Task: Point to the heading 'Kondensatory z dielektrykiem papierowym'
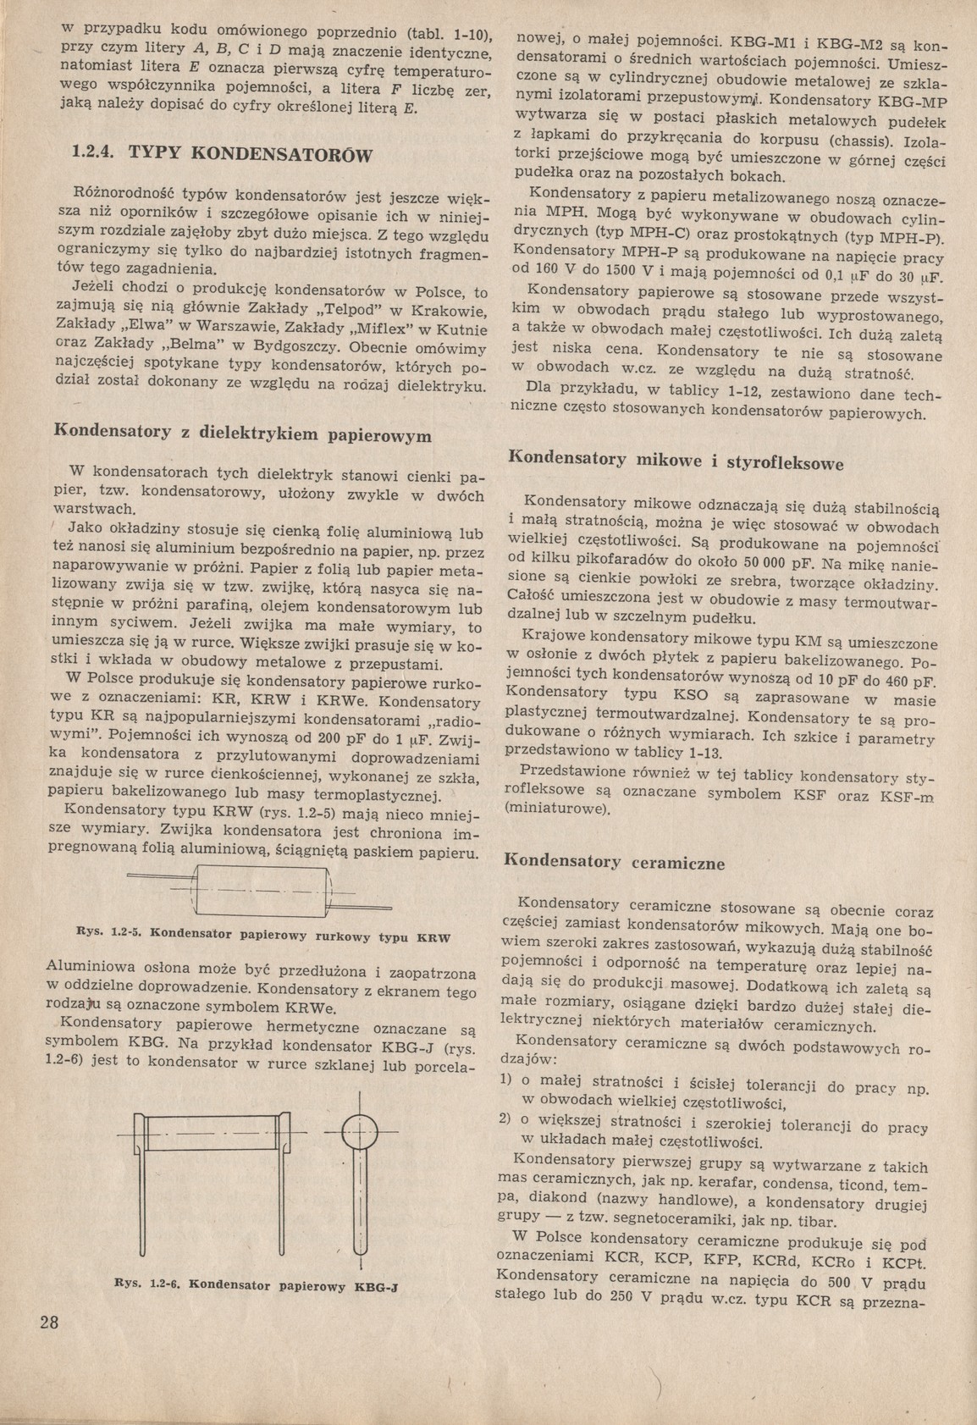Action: [x=243, y=434]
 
